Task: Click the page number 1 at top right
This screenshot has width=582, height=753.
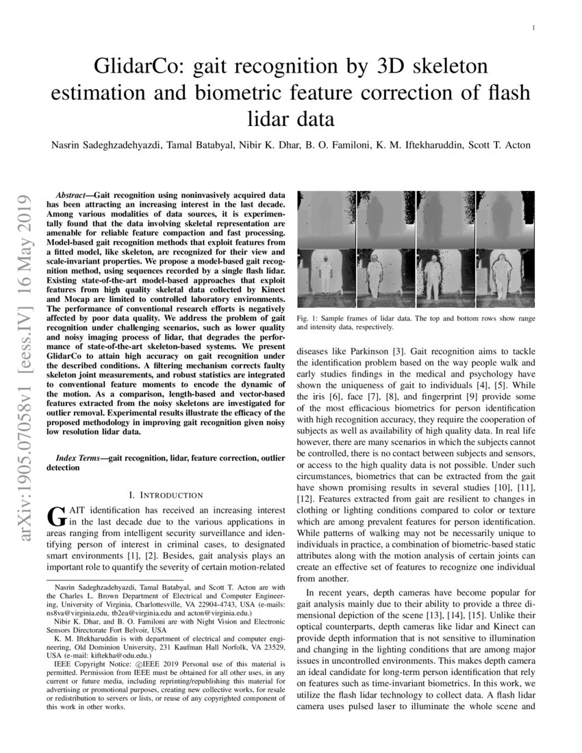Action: (533, 29)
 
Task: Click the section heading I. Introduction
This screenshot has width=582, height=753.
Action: (166, 495)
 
